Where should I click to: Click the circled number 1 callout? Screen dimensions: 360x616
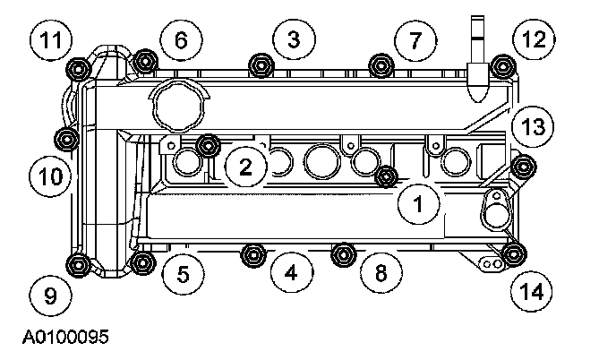pos(417,205)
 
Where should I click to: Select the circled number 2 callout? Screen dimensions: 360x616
pos(244,164)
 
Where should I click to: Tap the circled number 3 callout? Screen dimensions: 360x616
pos(295,39)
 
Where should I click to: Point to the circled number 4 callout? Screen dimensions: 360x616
pos(290,272)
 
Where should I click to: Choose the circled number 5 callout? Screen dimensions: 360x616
pos(183,275)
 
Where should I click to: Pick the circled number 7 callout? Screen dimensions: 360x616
pos(415,40)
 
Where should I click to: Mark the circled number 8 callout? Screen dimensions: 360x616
pos(381,273)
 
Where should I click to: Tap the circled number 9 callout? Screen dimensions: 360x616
pos(49,296)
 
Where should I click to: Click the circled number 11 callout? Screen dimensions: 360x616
pos(50,40)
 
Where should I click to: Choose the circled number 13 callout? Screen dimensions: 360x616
pos(534,126)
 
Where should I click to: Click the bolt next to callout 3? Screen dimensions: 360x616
pos(261,64)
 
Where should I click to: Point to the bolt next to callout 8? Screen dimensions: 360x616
pos(342,254)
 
